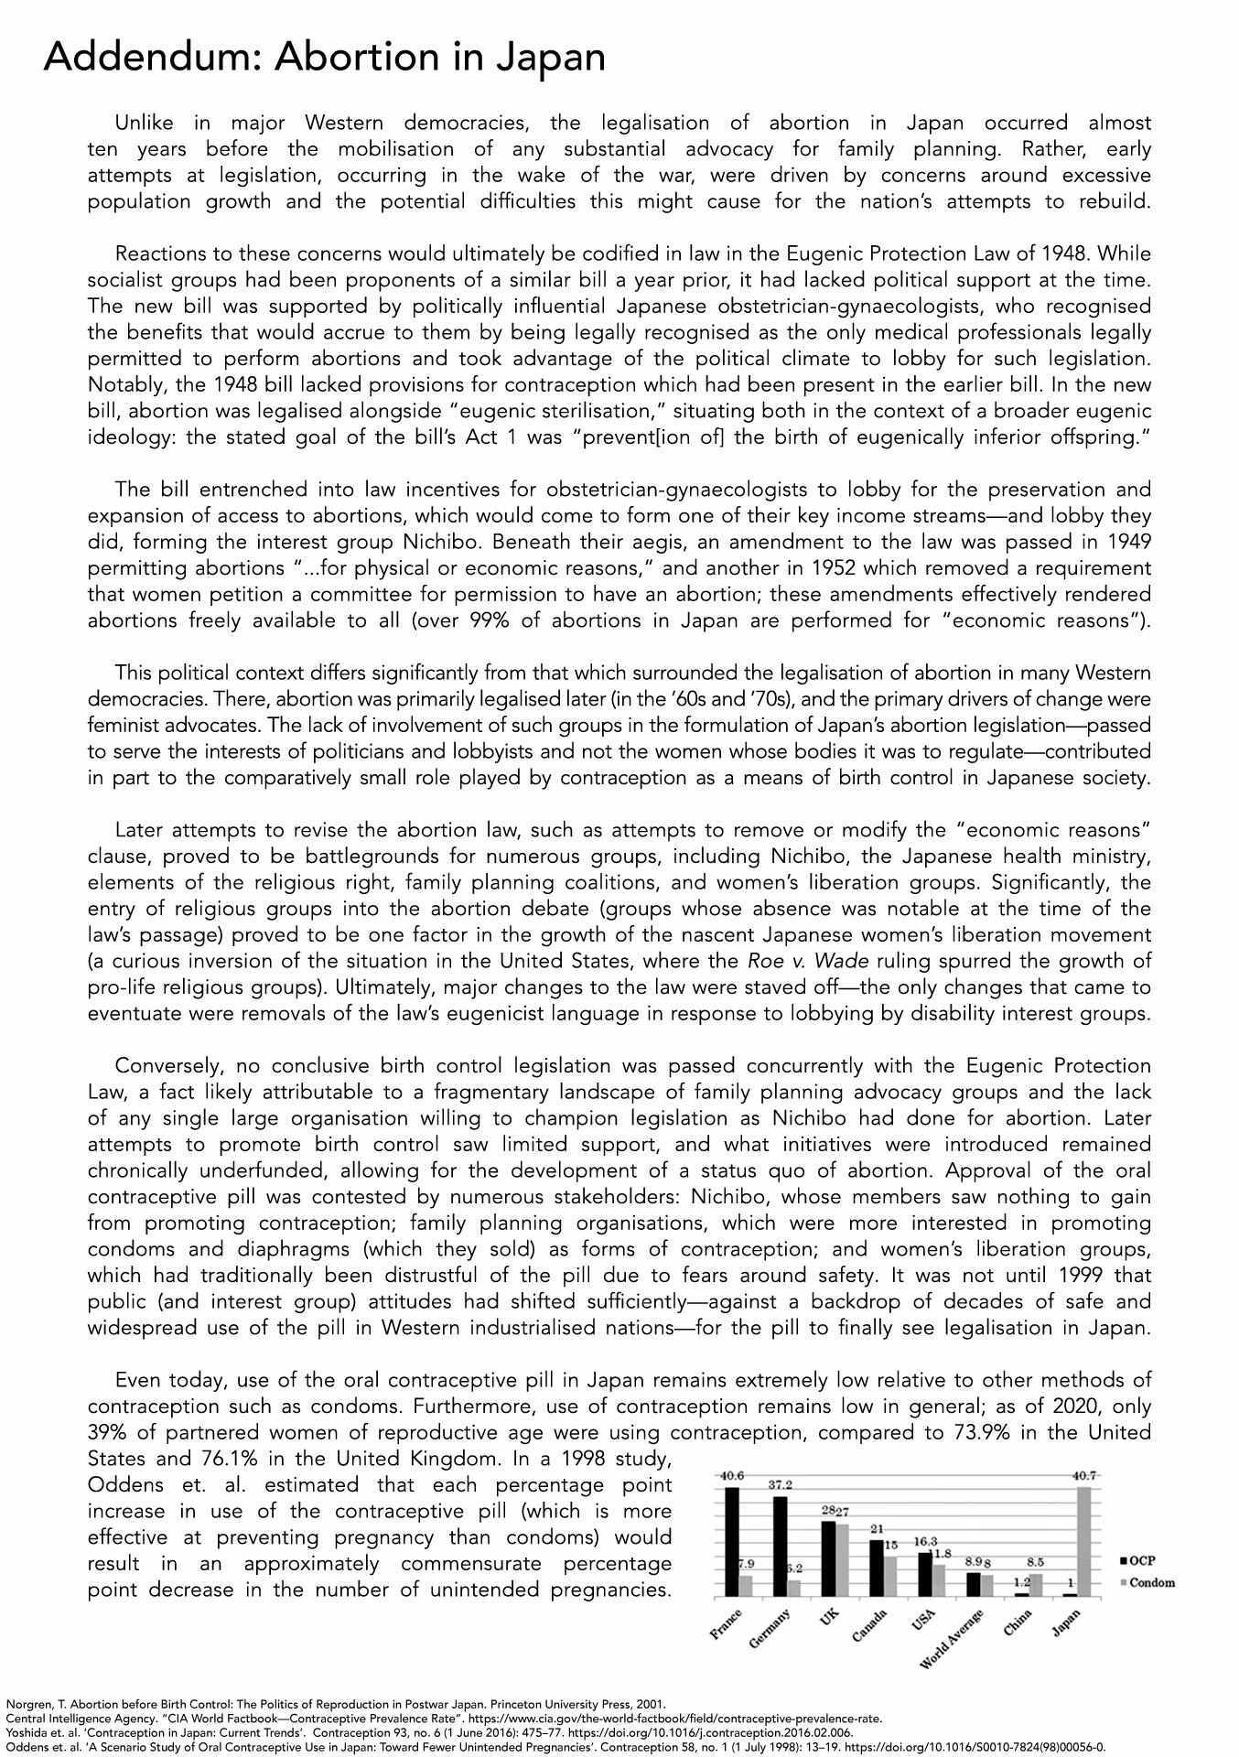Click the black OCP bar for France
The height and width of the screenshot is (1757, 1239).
(731, 1541)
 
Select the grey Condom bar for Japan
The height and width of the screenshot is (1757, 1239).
(1084, 1541)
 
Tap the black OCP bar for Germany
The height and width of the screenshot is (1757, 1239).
(781, 1546)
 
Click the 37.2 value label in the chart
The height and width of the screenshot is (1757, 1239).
(781, 1484)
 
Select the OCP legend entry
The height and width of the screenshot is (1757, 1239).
(1142, 1559)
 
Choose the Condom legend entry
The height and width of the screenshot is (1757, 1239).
(1148, 1582)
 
